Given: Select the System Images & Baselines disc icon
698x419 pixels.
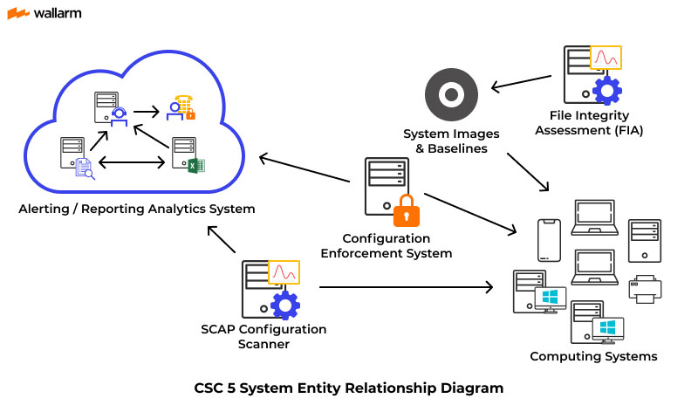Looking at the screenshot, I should pos(451,95).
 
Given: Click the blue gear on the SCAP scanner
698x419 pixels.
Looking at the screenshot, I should pos(284,304).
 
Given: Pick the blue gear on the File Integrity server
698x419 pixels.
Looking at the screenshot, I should pos(606,91).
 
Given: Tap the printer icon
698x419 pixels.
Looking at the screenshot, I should pos(645,289).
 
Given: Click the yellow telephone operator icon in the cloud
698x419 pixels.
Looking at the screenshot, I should pos(183,106).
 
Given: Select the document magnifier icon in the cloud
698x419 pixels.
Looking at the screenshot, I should pos(85,168).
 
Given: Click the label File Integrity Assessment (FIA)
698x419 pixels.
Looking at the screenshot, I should pos(590,122).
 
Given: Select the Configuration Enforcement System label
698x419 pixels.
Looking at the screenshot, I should pos(387,245).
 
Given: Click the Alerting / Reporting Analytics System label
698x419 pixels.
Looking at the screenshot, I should pos(137,209).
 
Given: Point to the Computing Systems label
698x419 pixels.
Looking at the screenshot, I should pos(593,356).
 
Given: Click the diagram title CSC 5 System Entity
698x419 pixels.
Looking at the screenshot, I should pos(348,388).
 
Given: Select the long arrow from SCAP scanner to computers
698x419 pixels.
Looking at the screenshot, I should pos(406,286).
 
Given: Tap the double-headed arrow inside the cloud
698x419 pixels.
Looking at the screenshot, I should pos(132,161).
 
